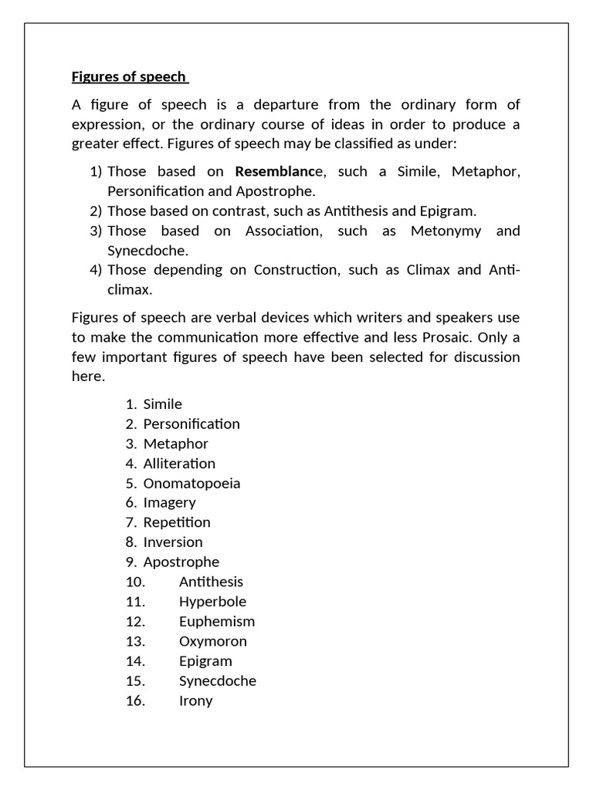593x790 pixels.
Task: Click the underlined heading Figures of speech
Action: pyautogui.click(x=129, y=76)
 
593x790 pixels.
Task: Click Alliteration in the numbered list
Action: pyautogui.click(x=179, y=464)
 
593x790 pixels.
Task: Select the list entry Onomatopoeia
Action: pyautogui.click(x=191, y=484)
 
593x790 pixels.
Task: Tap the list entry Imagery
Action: pyautogui.click(x=169, y=503)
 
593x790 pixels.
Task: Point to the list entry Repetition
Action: pyautogui.click(x=177, y=523)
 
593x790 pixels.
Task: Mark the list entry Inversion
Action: pyautogui.click(x=173, y=542)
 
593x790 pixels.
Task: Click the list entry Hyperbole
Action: pyautogui.click(x=212, y=602)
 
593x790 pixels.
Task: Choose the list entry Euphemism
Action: pyautogui.click(x=216, y=622)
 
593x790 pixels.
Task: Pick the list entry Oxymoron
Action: pyautogui.click(x=213, y=642)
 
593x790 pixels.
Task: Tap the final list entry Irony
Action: pyautogui.click(x=195, y=701)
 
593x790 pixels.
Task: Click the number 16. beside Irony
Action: pyautogui.click(x=135, y=701)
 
